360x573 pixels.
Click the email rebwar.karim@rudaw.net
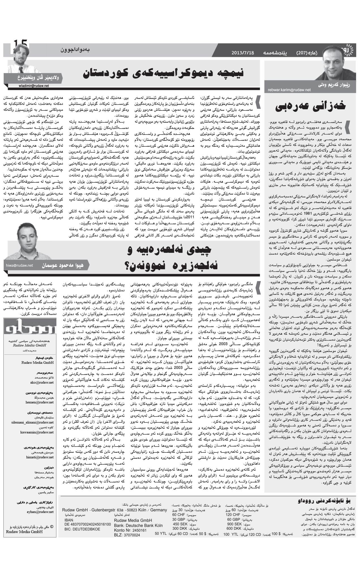point(289,90)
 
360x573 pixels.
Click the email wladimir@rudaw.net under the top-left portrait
point(33,86)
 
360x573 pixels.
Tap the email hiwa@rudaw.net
point(19,265)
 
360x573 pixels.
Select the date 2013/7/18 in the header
point(243,53)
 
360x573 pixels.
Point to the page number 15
point(20,44)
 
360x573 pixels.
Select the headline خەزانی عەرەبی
point(310,106)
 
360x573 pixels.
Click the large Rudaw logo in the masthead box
point(29,330)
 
